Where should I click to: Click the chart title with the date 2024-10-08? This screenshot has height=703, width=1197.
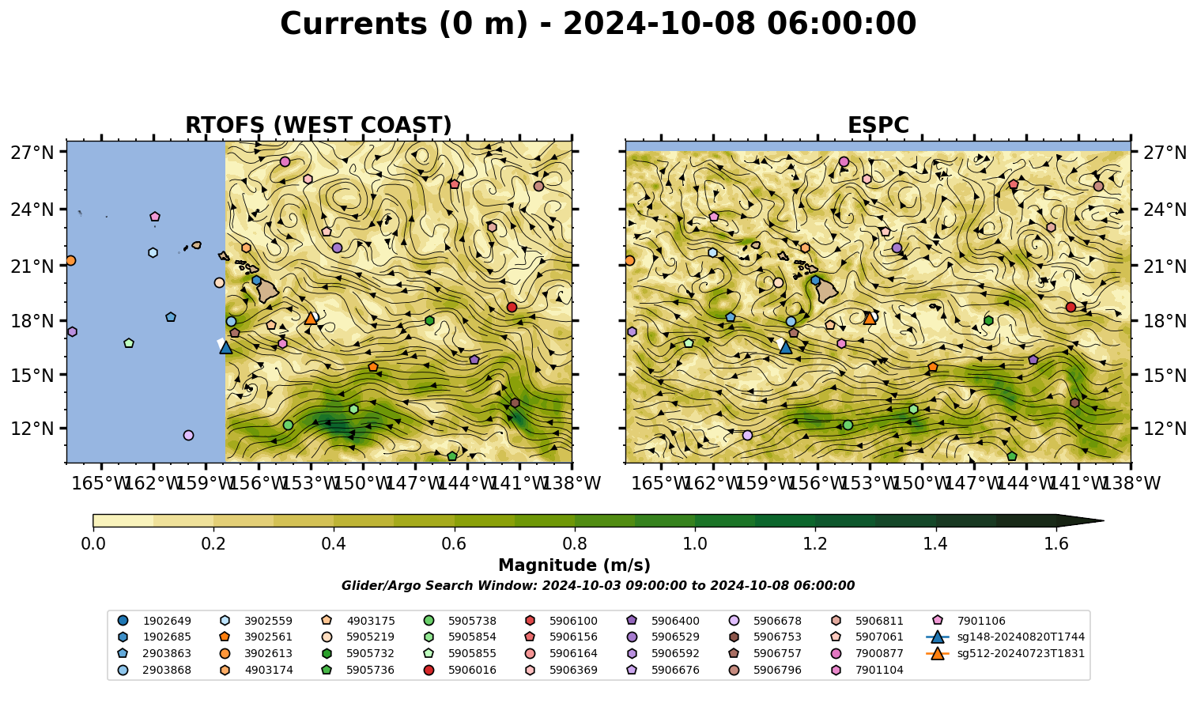point(598,24)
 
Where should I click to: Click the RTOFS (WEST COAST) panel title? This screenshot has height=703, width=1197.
point(319,125)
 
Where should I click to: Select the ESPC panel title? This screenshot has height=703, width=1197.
point(878,125)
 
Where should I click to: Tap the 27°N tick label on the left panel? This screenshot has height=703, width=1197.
point(32,153)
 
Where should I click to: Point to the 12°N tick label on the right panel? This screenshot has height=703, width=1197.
point(1165,429)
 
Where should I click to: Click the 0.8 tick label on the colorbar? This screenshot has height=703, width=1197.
point(575,544)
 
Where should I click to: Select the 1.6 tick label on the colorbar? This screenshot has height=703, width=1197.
point(1056,544)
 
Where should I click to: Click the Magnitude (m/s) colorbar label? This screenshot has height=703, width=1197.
point(575,565)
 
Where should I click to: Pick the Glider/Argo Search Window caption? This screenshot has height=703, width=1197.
point(598,585)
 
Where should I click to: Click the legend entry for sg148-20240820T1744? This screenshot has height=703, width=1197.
point(1006,637)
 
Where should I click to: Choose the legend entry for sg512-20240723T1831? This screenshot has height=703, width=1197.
point(1006,653)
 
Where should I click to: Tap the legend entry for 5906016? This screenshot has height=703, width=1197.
point(459,670)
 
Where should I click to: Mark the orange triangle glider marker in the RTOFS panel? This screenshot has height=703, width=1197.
point(311,318)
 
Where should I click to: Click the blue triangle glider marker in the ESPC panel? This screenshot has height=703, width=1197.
point(785,347)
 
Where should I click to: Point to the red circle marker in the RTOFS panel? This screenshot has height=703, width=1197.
point(512,308)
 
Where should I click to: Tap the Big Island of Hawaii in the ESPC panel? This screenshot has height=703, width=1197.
point(827,291)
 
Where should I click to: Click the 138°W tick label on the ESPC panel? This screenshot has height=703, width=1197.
point(1131,483)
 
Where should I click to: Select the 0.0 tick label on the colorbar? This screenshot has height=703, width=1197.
point(93,544)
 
